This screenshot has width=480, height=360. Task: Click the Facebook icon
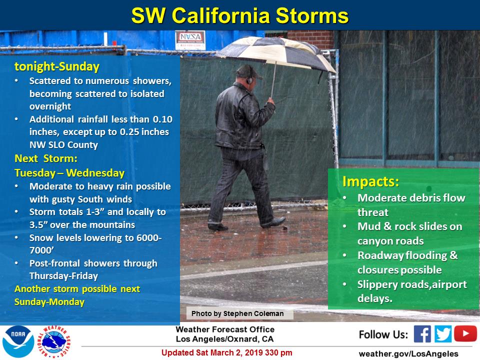422,333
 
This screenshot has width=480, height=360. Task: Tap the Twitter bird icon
442,333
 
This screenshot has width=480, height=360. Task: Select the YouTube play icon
465,333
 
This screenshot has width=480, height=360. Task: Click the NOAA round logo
18,341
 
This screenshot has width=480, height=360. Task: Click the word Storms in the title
312,15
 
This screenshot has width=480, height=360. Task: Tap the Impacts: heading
370,181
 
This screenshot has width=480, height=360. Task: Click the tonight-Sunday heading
57,66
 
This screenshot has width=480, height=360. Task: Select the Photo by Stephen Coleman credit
237,313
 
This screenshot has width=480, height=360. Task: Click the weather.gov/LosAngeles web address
408,354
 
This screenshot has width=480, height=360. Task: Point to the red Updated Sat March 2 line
227,352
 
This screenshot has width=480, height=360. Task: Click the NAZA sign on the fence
190,40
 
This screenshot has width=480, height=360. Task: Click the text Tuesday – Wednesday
69,173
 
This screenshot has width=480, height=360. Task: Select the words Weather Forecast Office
225,329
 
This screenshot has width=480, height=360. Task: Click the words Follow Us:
383,334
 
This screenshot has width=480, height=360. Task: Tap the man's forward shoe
273,222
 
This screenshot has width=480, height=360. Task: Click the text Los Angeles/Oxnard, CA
224,339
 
